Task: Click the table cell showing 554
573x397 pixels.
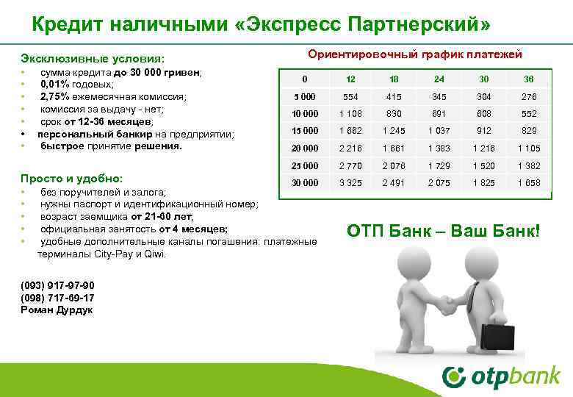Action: click(350, 96)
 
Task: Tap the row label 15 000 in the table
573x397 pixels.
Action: click(304, 131)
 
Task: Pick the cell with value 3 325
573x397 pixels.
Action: click(350, 182)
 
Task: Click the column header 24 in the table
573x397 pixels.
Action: click(439, 79)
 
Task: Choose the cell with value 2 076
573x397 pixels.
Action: click(394, 165)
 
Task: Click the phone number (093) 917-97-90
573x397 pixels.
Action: click(58, 285)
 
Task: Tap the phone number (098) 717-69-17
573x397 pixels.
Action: click(58, 298)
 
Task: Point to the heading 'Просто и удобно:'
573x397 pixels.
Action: click(71, 179)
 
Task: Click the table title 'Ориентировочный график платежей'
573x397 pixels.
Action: click(414, 54)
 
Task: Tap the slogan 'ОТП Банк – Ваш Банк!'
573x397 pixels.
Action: click(443, 231)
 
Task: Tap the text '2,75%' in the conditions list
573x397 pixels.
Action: click(56, 96)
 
